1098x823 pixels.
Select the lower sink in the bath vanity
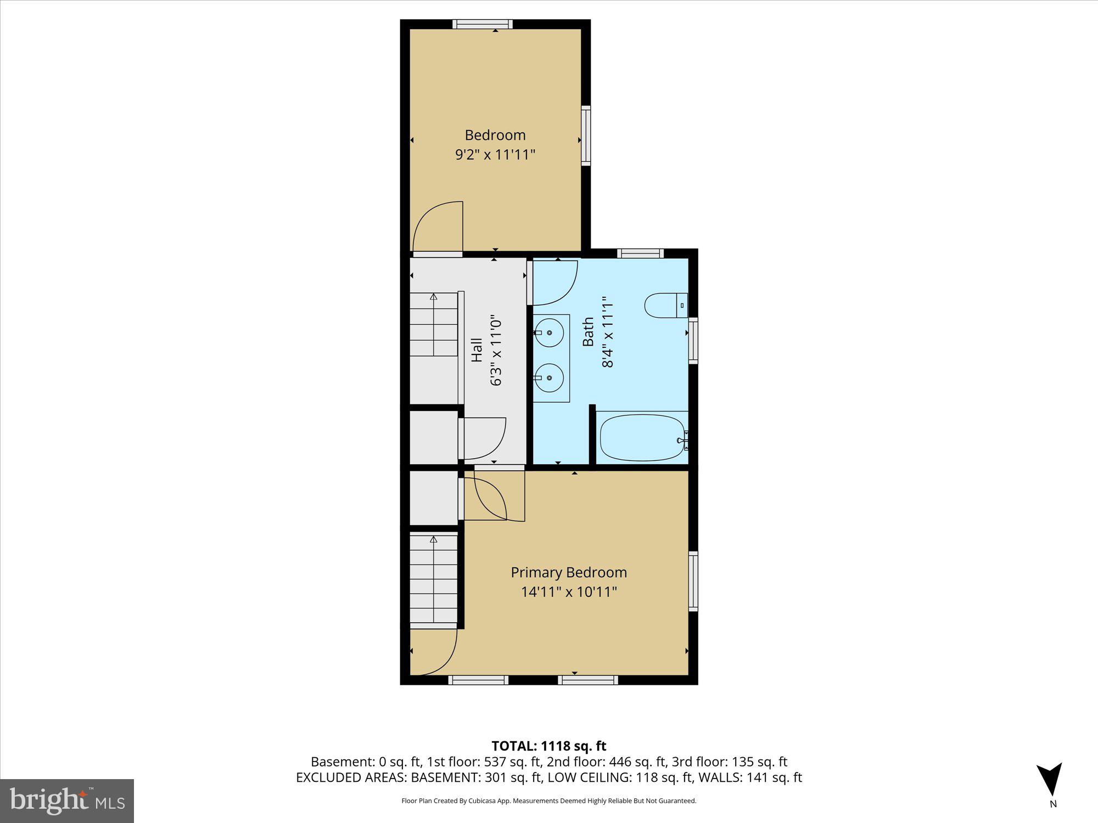(549, 377)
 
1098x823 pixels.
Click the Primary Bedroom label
(569, 572)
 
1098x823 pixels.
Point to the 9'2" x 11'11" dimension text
(495, 155)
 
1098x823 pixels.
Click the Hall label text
(477, 350)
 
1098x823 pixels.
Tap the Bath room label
(588, 331)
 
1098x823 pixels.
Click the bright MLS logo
(66, 801)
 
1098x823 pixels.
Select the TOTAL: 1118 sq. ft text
(548, 746)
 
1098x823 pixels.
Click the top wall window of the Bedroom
(483, 24)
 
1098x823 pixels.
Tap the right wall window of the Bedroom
(586, 136)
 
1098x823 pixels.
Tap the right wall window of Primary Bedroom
(693, 581)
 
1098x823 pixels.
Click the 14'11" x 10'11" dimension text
(569, 592)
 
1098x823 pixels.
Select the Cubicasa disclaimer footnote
(548, 801)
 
